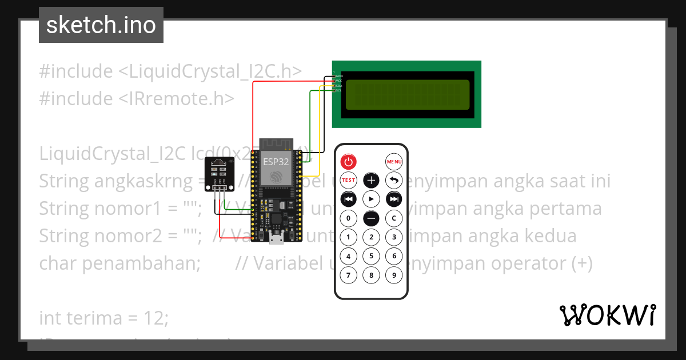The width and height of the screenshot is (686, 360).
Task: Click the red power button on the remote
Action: pos(349,162)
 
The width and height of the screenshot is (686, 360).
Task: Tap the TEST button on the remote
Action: pos(349,181)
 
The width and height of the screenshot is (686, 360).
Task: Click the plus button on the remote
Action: pos(372,181)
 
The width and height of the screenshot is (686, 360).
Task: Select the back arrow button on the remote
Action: pos(394,181)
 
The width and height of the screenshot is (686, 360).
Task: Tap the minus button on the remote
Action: pos(372,218)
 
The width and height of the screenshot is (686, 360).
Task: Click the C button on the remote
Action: pos(394,218)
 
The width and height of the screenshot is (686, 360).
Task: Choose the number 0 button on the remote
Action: pos(349,218)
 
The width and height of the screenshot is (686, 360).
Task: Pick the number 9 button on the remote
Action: pos(394,275)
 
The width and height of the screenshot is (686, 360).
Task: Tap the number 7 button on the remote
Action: pos(349,275)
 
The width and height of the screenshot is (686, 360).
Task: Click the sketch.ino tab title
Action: pos(101,26)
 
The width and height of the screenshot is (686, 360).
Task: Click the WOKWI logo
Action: pos(607,315)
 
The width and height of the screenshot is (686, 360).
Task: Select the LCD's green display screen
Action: pos(407,94)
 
